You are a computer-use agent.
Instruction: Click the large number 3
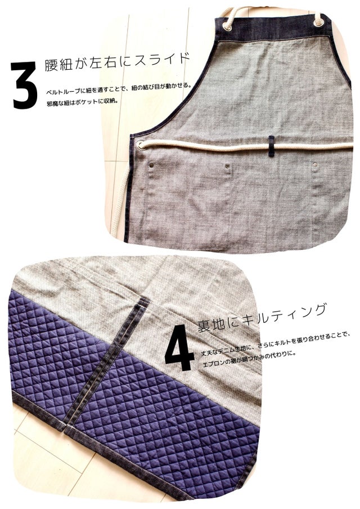click(x=25, y=85)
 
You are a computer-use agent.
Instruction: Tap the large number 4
click(x=179, y=348)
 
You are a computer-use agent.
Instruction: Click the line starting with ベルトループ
click(x=119, y=88)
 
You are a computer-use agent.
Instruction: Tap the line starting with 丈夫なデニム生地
click(x=275, y=344)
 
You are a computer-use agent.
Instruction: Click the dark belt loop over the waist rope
click(x=271, y=146)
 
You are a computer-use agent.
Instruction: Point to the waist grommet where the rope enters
click(x=141, y=145)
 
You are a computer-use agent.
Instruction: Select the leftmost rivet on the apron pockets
click(x=151, y=165)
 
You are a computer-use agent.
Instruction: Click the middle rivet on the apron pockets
click(x=227, y=166)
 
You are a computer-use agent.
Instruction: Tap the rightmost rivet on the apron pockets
click(x=314, y=165)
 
